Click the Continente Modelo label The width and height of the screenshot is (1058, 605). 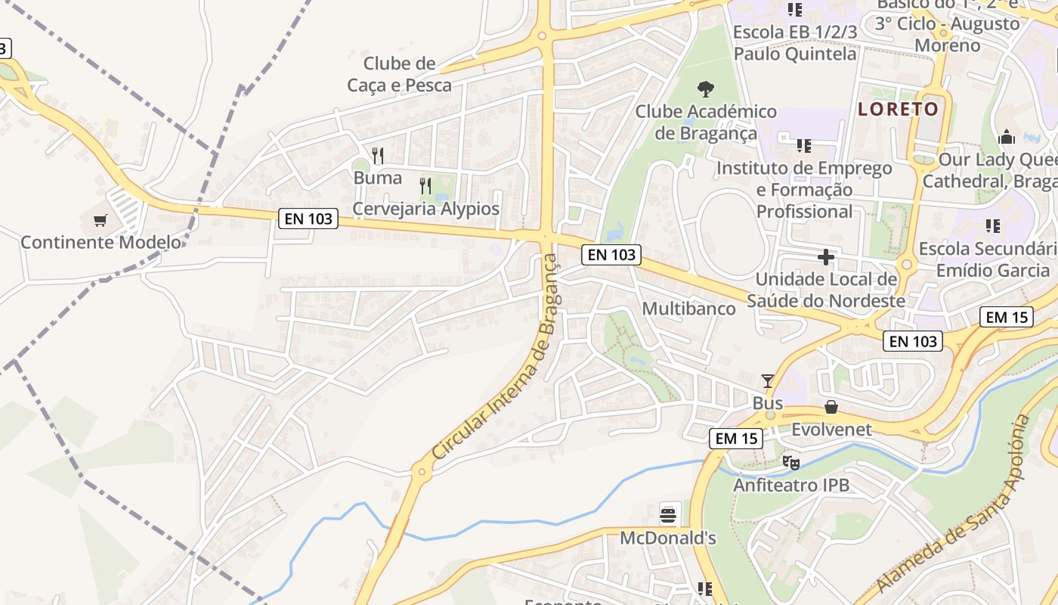pyautogui.click(x=101, y=243)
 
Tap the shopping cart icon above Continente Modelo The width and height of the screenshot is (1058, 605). pyautogui.click(x=101, y=221)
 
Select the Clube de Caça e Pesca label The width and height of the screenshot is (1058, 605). pyautogui.click(x=399, y=74)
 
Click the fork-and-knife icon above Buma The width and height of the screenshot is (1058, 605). pyautogui.click(x=378, y=156)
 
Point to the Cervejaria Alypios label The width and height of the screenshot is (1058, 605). pyautogui.click(x=426, y=209)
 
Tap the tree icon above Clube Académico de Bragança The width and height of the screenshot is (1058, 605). pyautogui.click(x=705, y=89)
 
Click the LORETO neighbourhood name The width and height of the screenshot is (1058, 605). pyautogui.click(x=898, y=109)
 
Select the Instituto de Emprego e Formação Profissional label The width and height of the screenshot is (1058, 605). pyautogui.click(x=804, y=189)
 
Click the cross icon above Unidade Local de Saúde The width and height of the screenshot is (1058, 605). pyautogui.click(x=825, y=258)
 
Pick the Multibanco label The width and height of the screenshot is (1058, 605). pyautogui.click(x=688, y=309)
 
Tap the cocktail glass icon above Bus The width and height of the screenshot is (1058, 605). pyautogui.click(x=768, y=380)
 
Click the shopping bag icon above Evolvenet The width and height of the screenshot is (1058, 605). pyautogui.click(x=831, y=408)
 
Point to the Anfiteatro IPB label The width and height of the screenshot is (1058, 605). pyautogui.click(x=791, y=485)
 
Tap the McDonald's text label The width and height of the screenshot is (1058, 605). pyautogui.click(x=668, y=538)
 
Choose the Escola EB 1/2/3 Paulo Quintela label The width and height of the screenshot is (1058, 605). pyautogui.click(x=795, y=43)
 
